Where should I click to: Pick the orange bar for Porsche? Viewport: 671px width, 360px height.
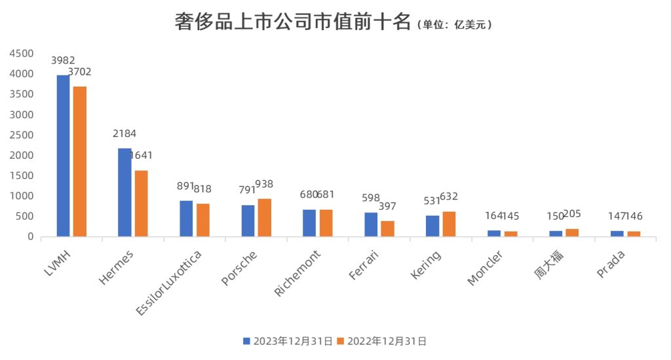point(264,218)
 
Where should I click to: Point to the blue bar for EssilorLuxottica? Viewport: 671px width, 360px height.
point(186,218)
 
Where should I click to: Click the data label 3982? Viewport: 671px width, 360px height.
point(63,61)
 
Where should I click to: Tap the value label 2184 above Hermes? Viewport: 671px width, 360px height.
point(125,134)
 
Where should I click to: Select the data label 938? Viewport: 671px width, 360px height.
point(264,184)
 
